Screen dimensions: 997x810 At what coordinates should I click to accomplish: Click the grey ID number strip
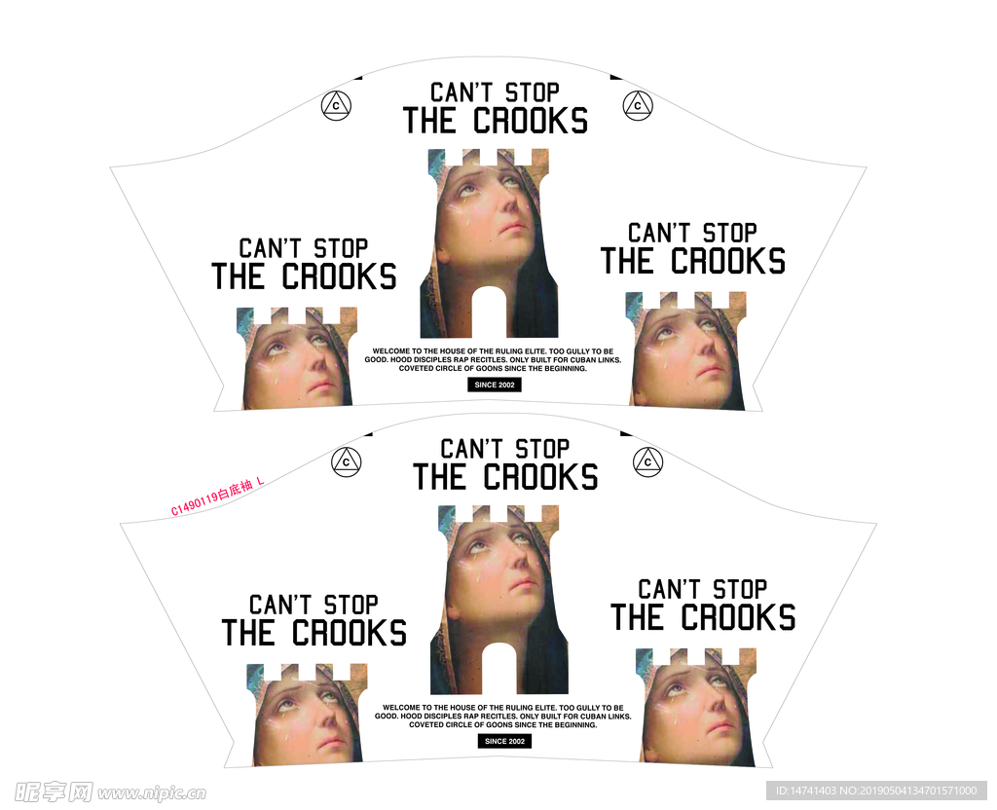tap(876, 791)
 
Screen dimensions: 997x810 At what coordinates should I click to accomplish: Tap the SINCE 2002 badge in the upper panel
tap(495, 385)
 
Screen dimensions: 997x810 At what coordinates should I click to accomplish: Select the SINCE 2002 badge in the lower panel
tap(505, 741)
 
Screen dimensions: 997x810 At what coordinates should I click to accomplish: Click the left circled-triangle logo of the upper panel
tap(336, 105)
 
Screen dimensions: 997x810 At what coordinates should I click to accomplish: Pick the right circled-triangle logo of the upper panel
tap(638, 105)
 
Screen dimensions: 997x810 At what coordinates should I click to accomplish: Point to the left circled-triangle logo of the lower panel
tap(347, 462)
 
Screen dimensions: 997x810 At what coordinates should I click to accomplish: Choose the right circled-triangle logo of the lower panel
tap(647, 462)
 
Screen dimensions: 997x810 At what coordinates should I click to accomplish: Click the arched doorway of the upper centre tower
tap(489, 313)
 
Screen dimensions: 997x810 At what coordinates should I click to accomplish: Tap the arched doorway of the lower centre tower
tap(499, 668)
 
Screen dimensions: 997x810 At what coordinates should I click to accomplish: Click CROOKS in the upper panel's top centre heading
tap(531, 121)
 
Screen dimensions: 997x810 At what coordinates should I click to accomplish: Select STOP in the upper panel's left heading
tap(342, 248)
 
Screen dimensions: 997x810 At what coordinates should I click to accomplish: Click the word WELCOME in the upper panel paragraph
tap(391, 350)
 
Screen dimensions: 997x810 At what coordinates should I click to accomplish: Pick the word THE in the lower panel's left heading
tap(248, 633)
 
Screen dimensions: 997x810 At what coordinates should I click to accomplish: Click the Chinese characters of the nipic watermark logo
tap(54, 792)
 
